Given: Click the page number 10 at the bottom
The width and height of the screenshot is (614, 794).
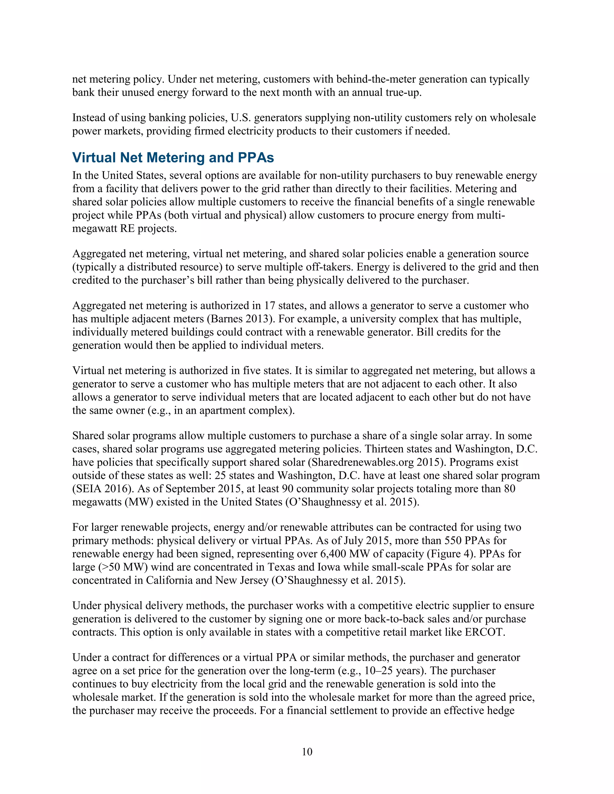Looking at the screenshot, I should (x=307, y=751).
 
